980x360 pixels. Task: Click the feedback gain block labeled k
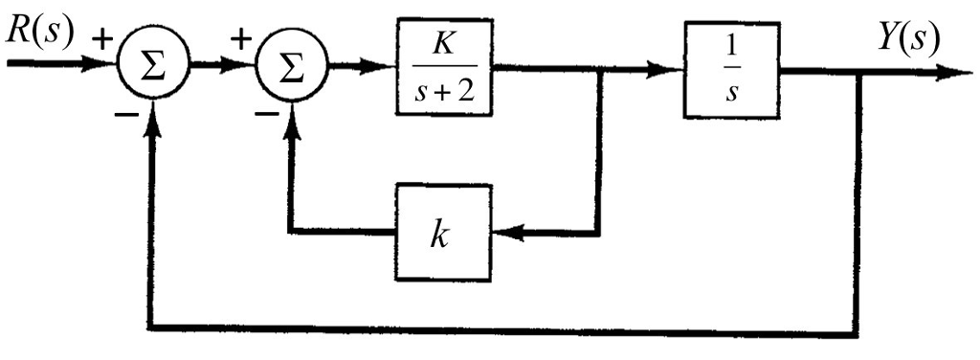tap(442, 231)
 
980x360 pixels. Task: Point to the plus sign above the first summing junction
tap(102, 41)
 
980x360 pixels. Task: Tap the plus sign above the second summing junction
tap(241, 41)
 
